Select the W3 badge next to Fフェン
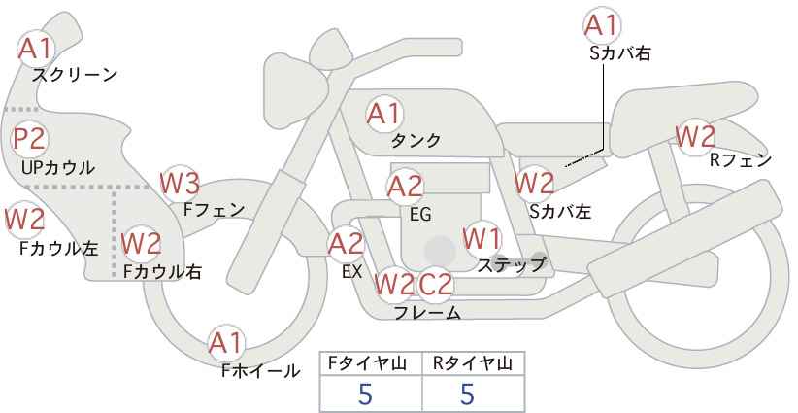[x=180, y=182]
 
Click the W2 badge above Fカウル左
[x=25, y=220]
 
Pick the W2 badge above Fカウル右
[x=142, y=241]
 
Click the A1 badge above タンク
[x=384, y=114]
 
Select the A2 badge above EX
[x=347, y=244]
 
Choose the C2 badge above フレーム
[x=436, y=284]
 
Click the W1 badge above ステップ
[x=482, y=238]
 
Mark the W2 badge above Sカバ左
[x=534, y=182]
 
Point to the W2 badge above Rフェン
[x=695, y=136]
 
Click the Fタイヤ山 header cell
[x=372, y=363]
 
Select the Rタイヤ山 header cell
[x=473, y=363]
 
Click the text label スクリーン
[x=75, y=74]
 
